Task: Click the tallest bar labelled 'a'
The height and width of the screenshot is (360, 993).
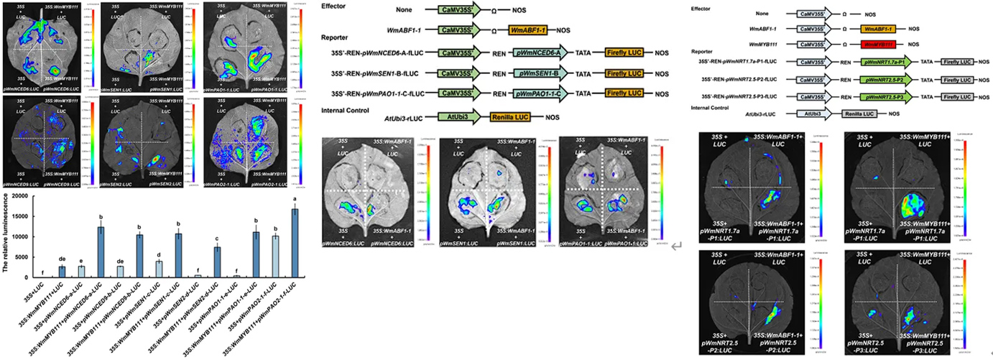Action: pos(294,243)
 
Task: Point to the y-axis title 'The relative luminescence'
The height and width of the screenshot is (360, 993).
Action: pos(6,238)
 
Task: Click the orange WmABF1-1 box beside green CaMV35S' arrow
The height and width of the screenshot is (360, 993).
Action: pos(532,31)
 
